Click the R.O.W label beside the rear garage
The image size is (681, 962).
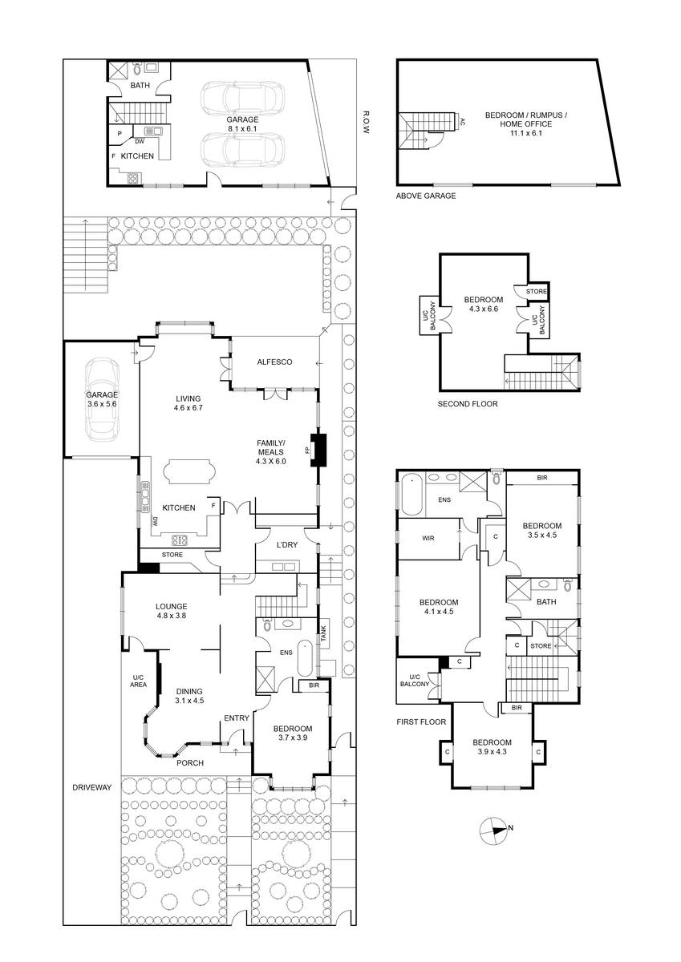click(x=366, y=123)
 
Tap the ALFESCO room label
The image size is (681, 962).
click(x=274, y=362)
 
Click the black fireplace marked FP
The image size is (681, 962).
click(x=318, y=450)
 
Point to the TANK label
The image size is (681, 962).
click(x=323, y=633)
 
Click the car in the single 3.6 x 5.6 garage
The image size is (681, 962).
click(x=102, y=399)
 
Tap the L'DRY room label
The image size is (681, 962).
click(x=287, y=544)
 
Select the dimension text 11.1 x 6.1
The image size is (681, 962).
click(x=526, y=133)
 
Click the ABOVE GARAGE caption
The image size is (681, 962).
click(x=426, y=196)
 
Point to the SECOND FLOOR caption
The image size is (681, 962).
click(x=468, y=404)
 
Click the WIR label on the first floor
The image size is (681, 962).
click(x=428, y=538)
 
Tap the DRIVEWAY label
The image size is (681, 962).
click(x=92, y=787)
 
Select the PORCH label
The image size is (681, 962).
click(x=190, y=762)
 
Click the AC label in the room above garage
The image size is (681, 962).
click(x=462, y=121)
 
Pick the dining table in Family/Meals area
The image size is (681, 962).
click(x=188, y=472)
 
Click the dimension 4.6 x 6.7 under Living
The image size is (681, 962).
click(x=188, y=407)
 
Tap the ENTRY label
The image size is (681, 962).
click(x=237, y=718)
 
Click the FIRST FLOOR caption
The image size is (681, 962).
click(x=421, y=722)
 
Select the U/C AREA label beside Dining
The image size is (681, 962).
click(x=138, y=681)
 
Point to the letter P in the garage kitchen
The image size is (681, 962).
click(x=120, y=134)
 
